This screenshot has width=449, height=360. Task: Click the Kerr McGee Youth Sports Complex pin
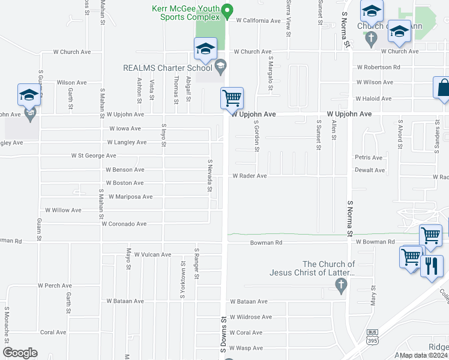pos(227,10)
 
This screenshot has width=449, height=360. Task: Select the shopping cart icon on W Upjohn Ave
pos(232,97)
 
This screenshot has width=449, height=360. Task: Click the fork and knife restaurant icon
pos(432,265)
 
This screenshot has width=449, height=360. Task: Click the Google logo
pos(20,353)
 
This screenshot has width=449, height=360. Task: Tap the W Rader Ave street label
pos(249,176)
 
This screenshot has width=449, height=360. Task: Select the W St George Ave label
pos(94,155)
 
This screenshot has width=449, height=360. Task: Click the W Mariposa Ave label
pos(130,197)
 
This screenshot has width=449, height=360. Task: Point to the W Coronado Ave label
pos(124,224)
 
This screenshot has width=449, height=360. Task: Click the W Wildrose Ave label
pos(251,317)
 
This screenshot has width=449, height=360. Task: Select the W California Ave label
pos(258,20)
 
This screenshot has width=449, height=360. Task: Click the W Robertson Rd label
pos(378,67)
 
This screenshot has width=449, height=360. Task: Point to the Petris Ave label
pos(369,158)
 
